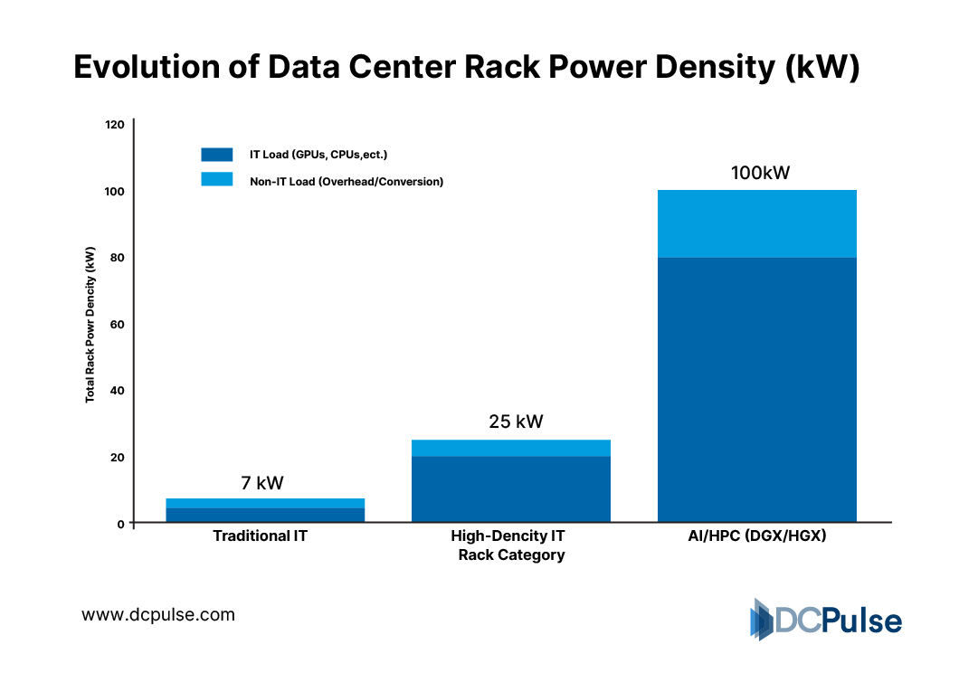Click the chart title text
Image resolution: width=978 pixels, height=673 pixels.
click(466, 68)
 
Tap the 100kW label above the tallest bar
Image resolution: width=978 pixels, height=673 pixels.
click(760, 172)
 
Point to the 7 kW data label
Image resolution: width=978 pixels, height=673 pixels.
click(262, 483)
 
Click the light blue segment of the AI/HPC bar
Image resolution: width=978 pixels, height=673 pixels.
click(756, 223)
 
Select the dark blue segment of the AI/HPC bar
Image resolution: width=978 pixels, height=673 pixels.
click(756, 389)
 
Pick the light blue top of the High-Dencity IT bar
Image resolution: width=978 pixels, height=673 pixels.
click(510, 448)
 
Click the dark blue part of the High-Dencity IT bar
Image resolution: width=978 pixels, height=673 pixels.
click(510, 488)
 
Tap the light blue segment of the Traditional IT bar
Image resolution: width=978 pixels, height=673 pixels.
click(265, 503)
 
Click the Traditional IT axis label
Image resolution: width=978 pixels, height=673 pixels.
click(260, 536)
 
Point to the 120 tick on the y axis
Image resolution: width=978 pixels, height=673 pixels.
click(114, 124)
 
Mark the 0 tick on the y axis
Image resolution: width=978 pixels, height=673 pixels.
click(119, 523)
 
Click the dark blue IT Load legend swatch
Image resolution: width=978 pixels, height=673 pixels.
click(217, 155)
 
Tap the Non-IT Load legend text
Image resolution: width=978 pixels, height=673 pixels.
click(347, 181)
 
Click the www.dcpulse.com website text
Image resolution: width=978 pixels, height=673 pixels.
click(158, 615)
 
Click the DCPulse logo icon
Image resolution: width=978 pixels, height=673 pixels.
click(762, 620)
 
